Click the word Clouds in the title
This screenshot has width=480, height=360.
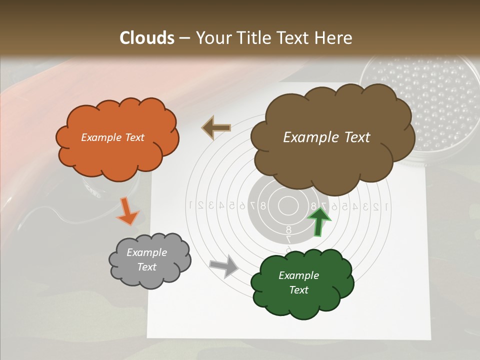click(147, 38)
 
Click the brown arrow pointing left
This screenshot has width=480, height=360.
click(216, 127)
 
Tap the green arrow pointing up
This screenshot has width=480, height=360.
click(318, 220)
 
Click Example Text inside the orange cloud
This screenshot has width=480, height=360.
click(112, 137)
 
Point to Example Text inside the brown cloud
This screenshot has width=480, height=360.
click(326, 137)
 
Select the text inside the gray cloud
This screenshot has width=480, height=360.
click(146, 259)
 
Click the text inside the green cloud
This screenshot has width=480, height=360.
click(298, 282)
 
